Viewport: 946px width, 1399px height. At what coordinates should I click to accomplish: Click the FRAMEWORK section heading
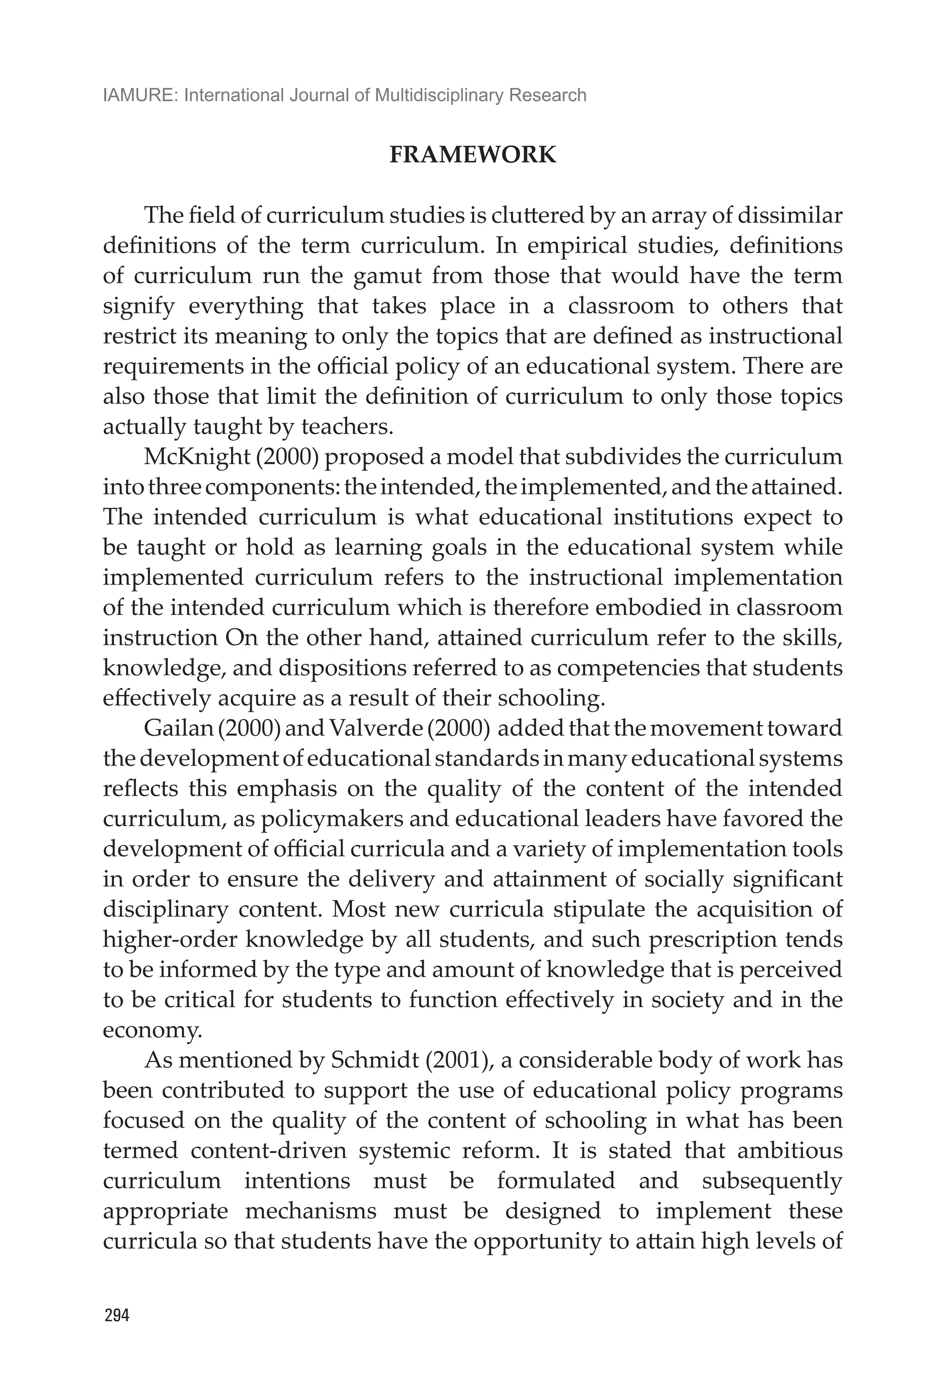473,155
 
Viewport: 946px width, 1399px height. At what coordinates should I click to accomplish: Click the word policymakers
309,819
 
